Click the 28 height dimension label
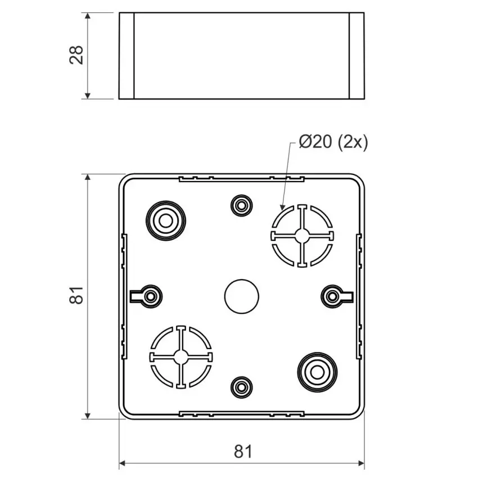(76, 55)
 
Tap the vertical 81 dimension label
(76, 295)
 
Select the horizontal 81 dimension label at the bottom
(243, 452)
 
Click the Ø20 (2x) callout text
(333, 142)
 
